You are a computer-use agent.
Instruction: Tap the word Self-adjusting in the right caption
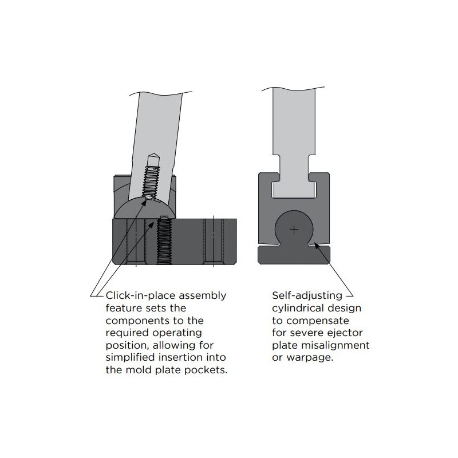pyautogui.click(x=307, y=295)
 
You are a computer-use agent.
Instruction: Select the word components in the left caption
pyautogui.click(x=138, y=321)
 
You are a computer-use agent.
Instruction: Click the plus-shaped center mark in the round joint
pyautogui.click(x=294, y=230)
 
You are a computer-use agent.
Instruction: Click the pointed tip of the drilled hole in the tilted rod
pyautogui.click(x=154, y=154)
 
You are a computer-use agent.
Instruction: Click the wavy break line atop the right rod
pyautogui.click(x=293, y=88)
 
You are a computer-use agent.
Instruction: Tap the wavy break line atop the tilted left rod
pyautogui.click(x=161, y=93)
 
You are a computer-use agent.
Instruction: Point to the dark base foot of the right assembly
pyautogui.click(x=294, y=255)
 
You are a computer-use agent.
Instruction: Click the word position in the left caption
pyautogui.click(x=127, y=345)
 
